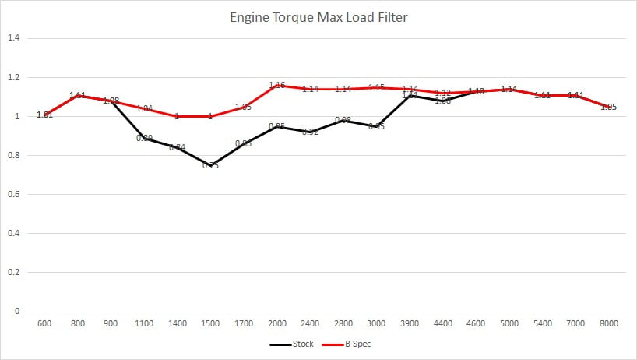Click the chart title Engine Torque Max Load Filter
318,16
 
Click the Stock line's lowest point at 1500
210,165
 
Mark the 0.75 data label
210,165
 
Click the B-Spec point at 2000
276,85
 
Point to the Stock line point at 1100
144,138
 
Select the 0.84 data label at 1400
177,147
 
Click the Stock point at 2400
310,132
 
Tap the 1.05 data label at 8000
609,108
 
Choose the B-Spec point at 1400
177,116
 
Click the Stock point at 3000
376,126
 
